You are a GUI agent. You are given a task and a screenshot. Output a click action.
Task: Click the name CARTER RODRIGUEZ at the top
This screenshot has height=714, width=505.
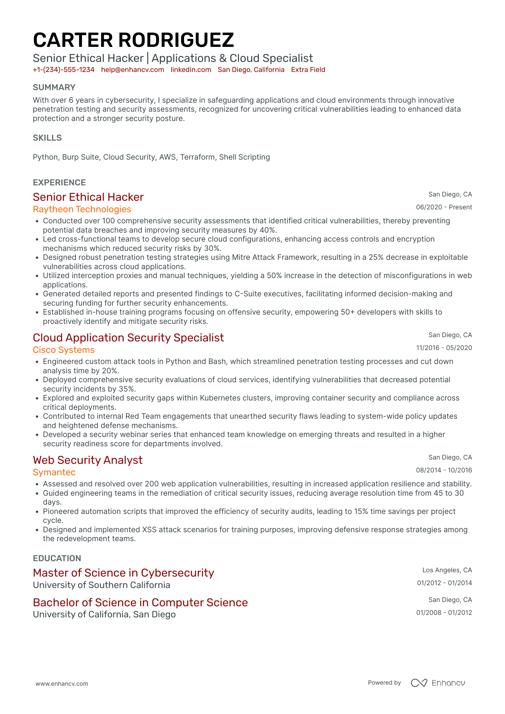tap(133, 40)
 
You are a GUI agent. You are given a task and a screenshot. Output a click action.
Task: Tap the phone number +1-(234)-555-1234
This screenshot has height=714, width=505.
tap(63, 70)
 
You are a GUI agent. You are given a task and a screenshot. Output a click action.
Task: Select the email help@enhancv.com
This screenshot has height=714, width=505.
tap(133, 70)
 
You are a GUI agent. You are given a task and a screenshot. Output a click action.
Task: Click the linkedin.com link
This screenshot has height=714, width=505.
tap(191, 70)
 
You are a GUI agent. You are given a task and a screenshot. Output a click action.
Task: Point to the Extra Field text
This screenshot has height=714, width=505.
tap(308, 70)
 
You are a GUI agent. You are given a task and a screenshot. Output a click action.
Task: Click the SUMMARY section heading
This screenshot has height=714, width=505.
tap(54, 87)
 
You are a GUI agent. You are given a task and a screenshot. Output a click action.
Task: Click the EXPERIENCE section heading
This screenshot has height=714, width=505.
tap(59, 183)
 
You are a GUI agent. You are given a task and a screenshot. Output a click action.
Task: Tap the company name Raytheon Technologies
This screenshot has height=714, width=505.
tap(82, 209)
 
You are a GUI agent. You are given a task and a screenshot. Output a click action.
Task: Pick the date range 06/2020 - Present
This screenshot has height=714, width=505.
tap(444, 207)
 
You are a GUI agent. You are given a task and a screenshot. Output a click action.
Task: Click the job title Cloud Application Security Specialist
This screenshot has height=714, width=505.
tap(128, 337)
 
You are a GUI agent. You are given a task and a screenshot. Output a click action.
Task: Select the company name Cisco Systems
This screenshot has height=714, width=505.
tap(63, 350)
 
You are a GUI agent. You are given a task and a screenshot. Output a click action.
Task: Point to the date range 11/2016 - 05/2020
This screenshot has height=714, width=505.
tap(444, 348)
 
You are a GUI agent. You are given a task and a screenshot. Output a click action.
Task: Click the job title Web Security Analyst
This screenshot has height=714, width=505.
tap(87, 460)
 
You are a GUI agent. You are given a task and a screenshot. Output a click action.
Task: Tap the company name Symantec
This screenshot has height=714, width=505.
tap(54, 472)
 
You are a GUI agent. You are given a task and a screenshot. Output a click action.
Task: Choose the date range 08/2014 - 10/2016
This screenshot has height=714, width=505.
tap(444, 470)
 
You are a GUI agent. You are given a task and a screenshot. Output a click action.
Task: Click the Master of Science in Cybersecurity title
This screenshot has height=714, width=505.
tap(123, 573)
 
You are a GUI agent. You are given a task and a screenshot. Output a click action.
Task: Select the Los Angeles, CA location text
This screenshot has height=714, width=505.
tap(447, 570)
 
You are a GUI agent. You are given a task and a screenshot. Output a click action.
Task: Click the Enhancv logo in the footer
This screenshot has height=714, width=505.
tap(438, 683)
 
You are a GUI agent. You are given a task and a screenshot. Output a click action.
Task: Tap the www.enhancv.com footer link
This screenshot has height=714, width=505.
tap(62, 684)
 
